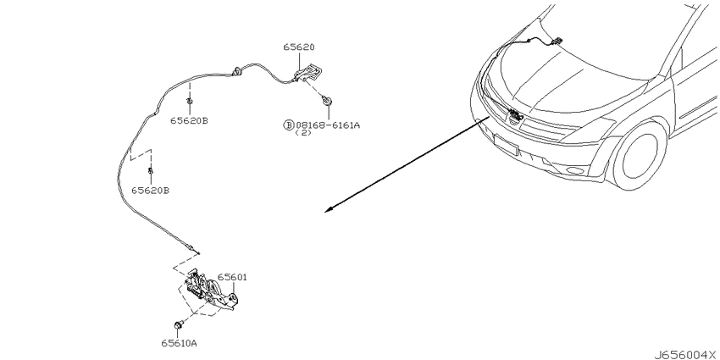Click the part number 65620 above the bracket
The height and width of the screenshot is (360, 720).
[x=299, y=47]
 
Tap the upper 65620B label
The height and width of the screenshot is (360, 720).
[x=189, y=121]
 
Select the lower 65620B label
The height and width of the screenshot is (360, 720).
[x=150, y=190]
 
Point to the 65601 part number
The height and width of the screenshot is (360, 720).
[x=232, y=277]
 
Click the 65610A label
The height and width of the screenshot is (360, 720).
[x=179, y=343]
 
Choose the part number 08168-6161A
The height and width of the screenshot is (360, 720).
[x=328, y=125]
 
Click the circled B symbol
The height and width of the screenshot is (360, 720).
[x=288, y=125]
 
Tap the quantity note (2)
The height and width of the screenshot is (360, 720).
[x=303, y=133]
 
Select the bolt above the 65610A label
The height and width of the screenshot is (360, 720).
[x=179, y=325]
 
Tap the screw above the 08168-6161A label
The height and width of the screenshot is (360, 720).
[x=328, y=100]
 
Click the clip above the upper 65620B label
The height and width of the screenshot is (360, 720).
[x=189, y=102]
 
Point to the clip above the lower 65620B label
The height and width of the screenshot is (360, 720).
[x=150, y=171]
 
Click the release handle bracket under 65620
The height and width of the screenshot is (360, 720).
[x=307, y=73]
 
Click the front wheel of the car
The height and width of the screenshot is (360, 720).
[x=640, y=155]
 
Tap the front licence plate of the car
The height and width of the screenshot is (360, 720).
[x=506, y=145]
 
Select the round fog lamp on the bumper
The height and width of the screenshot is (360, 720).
[x=575, y=171]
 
